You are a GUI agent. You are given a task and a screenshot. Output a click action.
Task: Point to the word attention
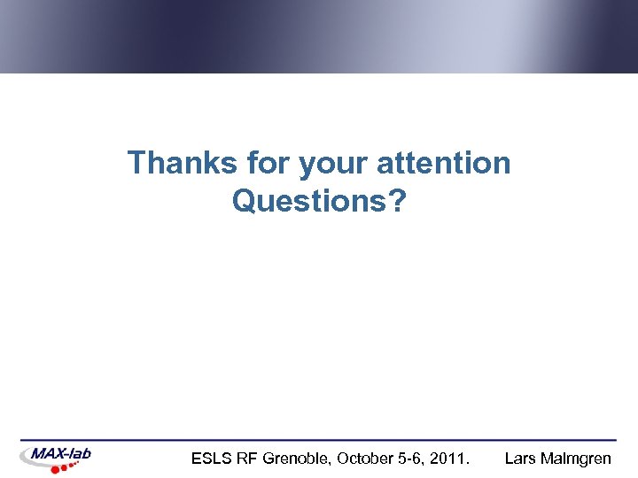(444, 163)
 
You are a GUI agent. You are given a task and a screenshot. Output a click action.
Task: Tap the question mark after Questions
(398, 202)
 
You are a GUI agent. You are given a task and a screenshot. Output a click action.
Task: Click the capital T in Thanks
(136, 163)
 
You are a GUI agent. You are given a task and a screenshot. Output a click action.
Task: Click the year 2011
(450, 459)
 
